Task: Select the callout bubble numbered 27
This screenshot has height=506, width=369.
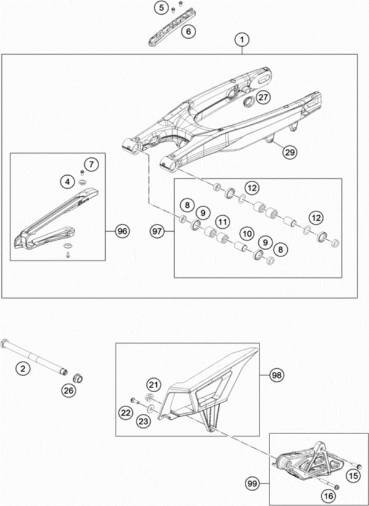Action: pos(263,98)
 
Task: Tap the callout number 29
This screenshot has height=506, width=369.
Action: pos(290,151)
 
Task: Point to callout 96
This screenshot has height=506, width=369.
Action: pos(122,231)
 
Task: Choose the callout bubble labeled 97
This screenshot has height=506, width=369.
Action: pos(159,231)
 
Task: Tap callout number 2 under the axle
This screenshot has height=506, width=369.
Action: pos(23,369)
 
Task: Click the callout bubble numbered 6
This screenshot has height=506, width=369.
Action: pos(188,30)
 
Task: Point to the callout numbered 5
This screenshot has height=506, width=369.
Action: pos(161,8)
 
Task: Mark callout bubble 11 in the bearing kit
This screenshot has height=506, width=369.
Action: pos(222,220)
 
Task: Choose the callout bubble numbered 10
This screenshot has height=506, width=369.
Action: pos(247,234)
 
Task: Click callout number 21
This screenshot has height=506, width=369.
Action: pos(153,385)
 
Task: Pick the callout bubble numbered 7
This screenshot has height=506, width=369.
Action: pos(91,164)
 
